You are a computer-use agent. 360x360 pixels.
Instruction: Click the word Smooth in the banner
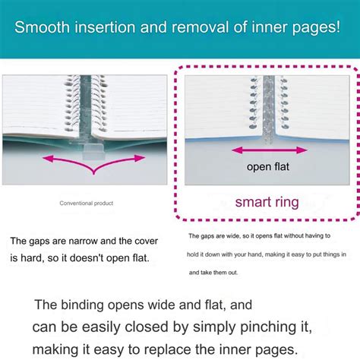42,27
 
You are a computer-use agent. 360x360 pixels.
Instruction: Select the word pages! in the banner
316,28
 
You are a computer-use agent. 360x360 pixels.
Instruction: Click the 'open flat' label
268,166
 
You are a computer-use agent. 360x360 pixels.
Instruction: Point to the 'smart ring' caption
267,202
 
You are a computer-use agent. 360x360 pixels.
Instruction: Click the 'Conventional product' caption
87,203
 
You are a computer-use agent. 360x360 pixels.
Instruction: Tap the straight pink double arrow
270,150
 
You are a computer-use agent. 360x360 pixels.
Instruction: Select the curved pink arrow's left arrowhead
48,159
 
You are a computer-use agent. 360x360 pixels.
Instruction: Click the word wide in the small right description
233,236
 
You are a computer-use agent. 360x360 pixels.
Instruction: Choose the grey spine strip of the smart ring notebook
269,109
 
